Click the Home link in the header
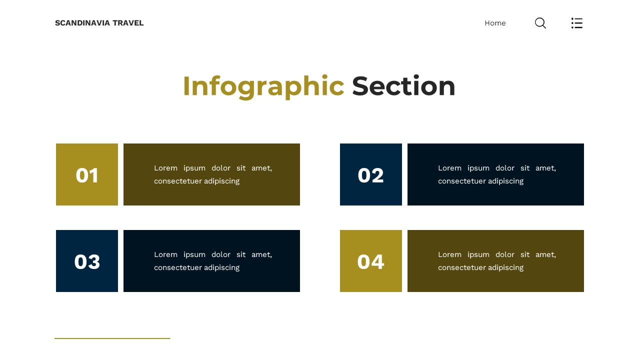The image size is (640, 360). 495,23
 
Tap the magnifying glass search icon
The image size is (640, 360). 540,23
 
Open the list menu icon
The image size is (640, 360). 577,23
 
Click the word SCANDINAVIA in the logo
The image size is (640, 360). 82,23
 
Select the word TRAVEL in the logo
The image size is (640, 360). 128,23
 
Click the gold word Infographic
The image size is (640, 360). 263,86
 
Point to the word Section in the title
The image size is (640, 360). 403,86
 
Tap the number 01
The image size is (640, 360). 87,175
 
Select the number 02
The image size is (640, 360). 371,175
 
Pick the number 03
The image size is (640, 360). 87,262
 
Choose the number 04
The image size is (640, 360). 371,262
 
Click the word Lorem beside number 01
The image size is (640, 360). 165,168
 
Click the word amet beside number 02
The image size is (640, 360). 545,168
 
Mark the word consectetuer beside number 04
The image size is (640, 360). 460,267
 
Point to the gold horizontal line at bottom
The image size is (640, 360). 112,338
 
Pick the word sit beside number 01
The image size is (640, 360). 241,168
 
